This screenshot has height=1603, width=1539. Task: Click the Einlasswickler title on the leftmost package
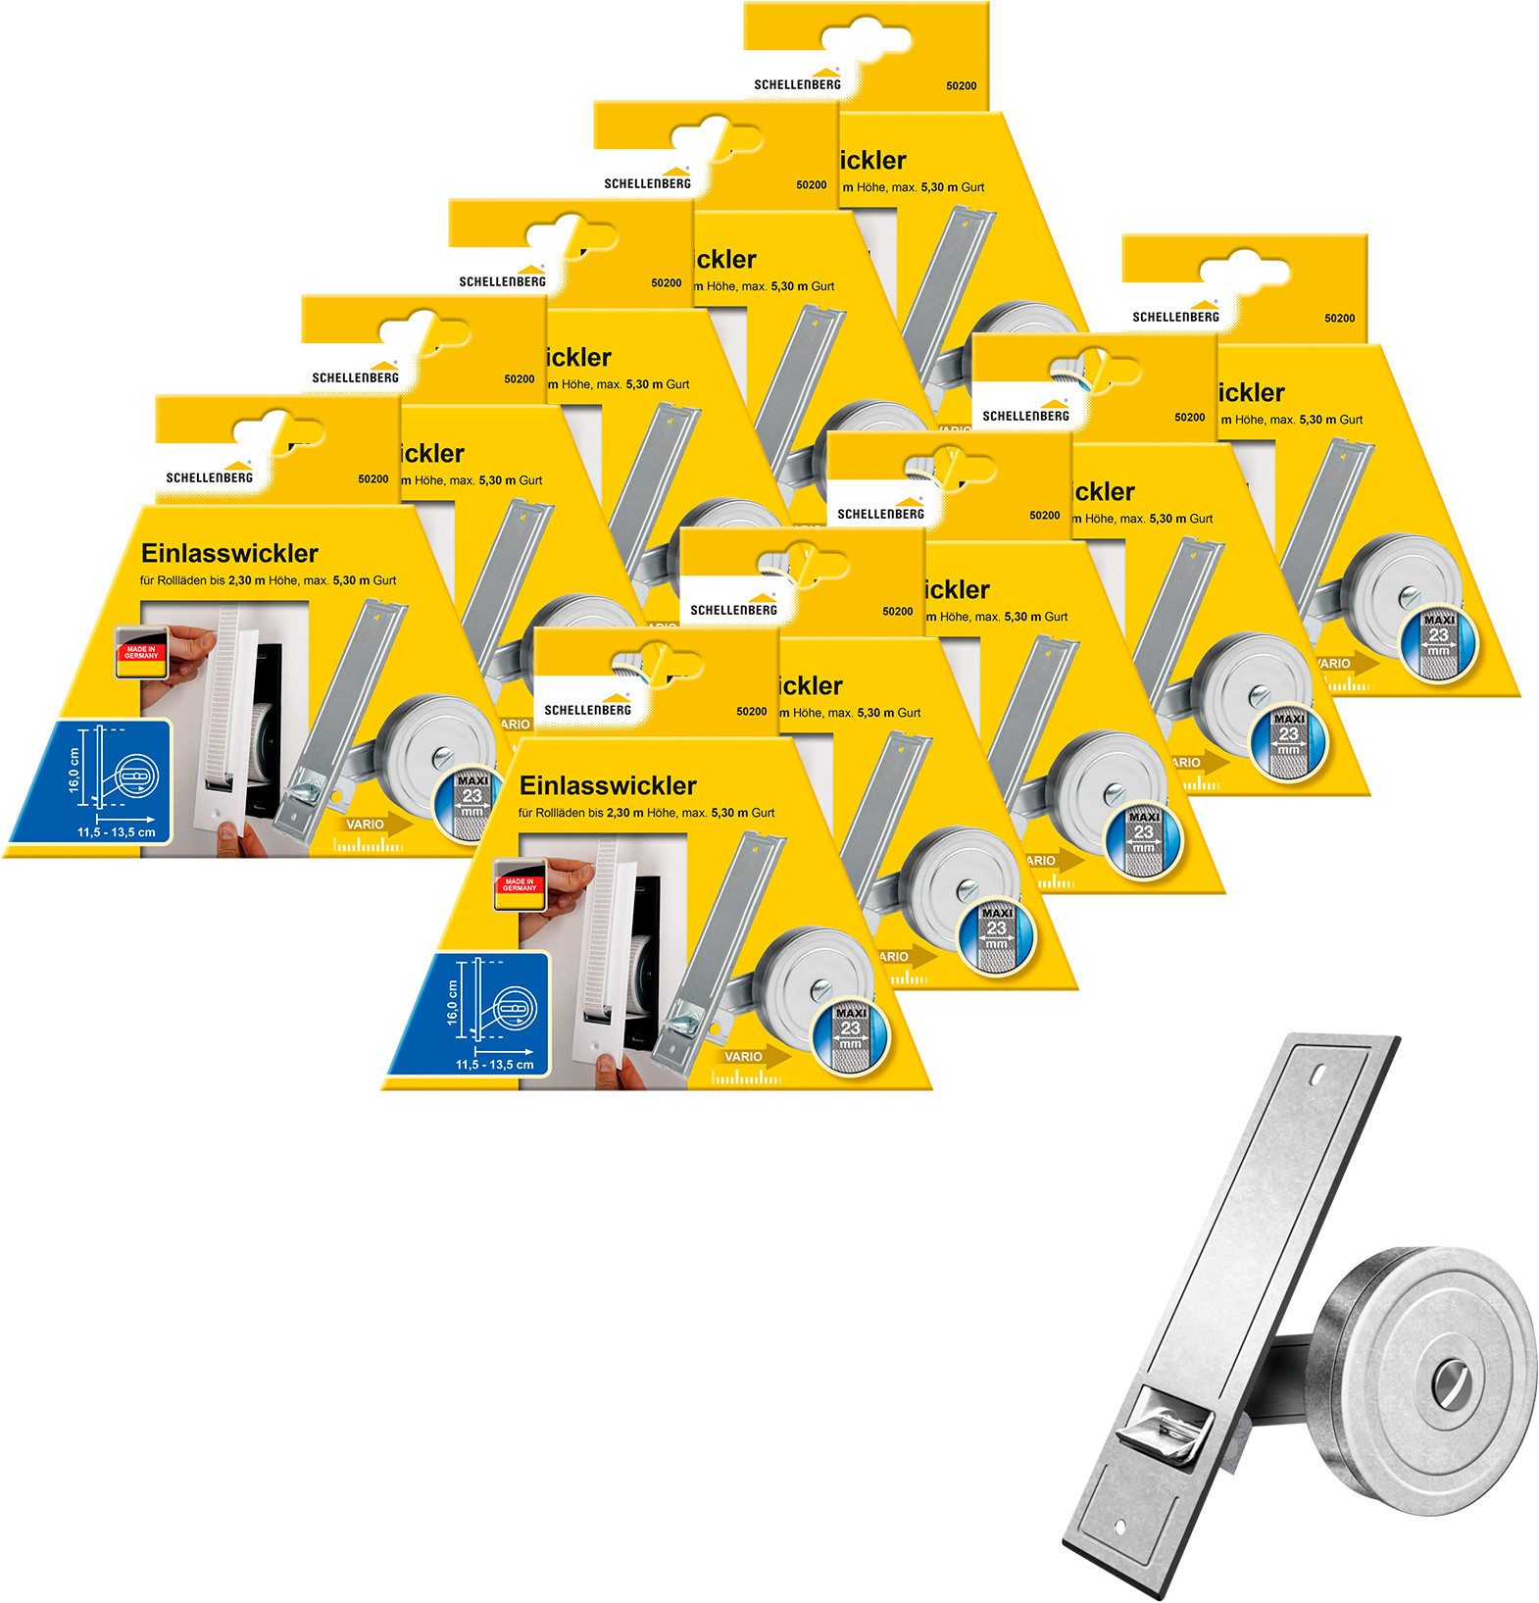pyautogui.click(x=229, y=553)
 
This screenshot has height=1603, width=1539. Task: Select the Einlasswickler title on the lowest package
pyautogui.click(x=608, y=785)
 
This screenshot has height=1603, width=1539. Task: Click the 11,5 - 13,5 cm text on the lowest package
pyautogui.click(x=494, y=1064)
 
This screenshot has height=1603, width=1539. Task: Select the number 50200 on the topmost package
pyautogui.click(x=960, y=85)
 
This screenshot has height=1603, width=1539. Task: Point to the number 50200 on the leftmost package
pyautogui.click(x=372, y=480)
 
